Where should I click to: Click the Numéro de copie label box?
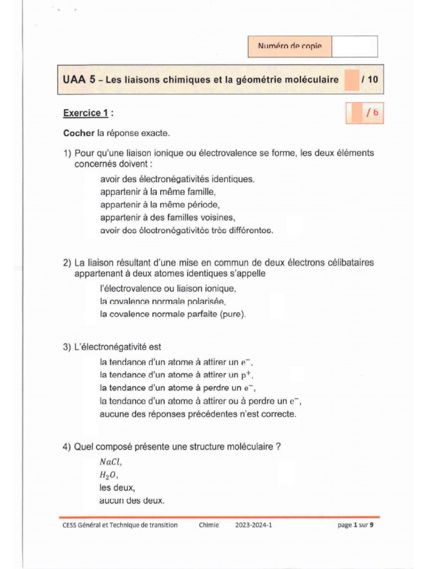(290, 47)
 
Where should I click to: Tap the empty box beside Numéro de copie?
(355, 47)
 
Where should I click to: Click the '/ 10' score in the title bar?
(369, 80)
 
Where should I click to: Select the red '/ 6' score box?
(365, 113)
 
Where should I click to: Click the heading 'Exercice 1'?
(88, 113)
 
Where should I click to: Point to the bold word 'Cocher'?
(79, 133)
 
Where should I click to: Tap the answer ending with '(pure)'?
(173, 314)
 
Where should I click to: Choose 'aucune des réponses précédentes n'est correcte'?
(198, 414)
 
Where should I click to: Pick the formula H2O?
(109, 475)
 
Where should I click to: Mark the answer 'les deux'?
(117, 488)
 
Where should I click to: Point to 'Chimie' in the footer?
(208, 525)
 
